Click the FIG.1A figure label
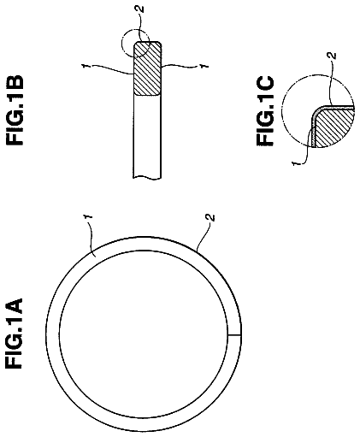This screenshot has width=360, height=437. coord(14,333)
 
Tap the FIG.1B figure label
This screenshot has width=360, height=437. coord(14,109)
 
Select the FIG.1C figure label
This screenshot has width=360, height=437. coord(265,111)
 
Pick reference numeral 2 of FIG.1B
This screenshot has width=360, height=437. coord(140,9)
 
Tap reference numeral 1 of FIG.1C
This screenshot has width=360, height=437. coord(296,163)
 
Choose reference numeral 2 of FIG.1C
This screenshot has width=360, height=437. coord(333,56)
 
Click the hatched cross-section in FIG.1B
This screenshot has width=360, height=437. coord(148,68)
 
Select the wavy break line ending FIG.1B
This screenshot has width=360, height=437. coord(147,178)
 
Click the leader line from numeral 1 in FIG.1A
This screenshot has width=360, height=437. coord(92,239)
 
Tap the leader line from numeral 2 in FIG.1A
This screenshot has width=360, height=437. coord(204,236)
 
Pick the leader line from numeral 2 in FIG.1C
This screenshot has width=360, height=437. coord(331,83)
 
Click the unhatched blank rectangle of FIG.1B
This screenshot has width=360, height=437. coord(147,136)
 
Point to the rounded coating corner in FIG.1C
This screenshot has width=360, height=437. coord(317,112)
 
